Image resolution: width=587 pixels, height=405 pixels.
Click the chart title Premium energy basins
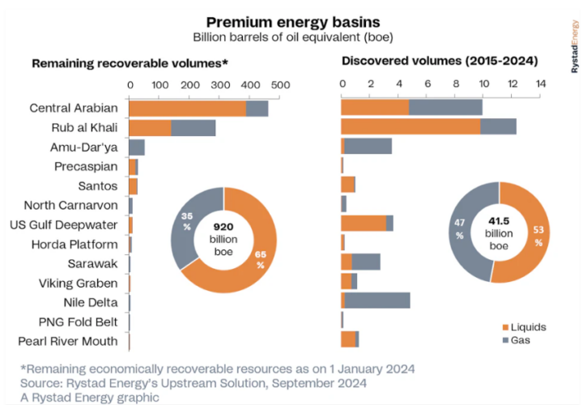293,22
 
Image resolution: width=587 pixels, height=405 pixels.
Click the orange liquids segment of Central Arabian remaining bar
187,109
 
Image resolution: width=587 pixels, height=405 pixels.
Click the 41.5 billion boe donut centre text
500,233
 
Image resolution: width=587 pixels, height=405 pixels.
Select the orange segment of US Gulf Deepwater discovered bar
364,224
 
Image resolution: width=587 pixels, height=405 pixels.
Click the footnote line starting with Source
194,382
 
